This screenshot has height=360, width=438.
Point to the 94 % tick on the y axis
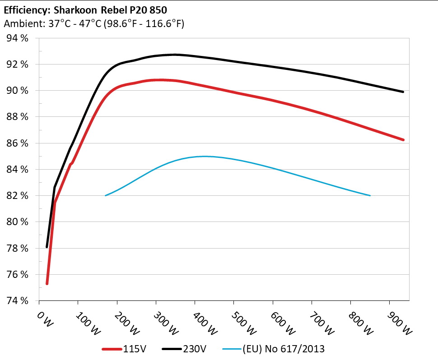point(17,38)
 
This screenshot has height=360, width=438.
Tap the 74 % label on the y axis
point(17,301)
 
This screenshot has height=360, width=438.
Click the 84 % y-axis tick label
point(17,170)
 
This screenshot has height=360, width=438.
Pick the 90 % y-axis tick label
point(17,91)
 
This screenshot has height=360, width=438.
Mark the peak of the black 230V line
point(174,55)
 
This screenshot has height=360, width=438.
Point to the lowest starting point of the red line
point(47,283)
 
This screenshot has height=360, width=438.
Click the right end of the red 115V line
point(403,140)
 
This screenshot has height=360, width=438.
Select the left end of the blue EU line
point(105,195)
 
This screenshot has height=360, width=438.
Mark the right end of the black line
point(403,92)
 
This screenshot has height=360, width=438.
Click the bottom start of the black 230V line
point(47,247)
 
